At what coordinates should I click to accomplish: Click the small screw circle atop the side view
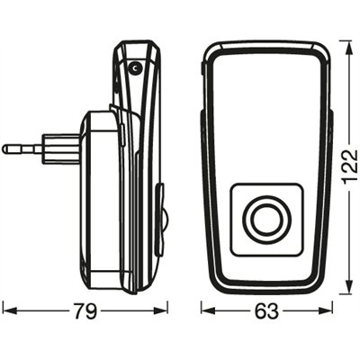(x=134, y=68)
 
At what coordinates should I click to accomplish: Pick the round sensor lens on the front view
(x=265, y=219)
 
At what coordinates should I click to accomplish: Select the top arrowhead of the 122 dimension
(x=346, y=42)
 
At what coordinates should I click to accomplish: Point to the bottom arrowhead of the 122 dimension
(x=346, y=290)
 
